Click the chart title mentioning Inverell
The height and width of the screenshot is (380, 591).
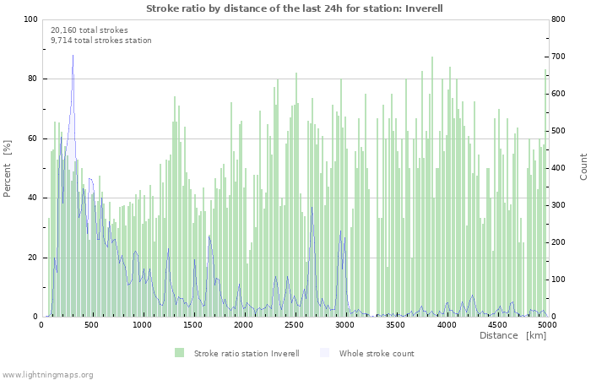tap(295, 8)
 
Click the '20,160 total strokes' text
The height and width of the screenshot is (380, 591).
tap(89, 30)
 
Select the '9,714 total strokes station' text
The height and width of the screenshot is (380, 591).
tap(101, 40)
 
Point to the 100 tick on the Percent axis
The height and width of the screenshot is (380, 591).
tap(31, 19)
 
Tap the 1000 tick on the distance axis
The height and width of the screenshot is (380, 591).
tap(142, 324)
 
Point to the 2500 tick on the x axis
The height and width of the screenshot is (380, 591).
tap(294, 324)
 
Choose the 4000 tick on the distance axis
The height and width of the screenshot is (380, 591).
tap(446, 324)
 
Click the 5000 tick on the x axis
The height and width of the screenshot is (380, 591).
tap(547, 324)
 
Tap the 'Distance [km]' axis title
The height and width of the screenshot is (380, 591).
tap(512, 335)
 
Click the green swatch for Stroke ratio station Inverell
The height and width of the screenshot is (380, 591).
tap(180, 353)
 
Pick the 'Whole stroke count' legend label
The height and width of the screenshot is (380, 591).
tap(377, 353)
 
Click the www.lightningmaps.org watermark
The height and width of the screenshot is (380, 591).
tap(47, 374)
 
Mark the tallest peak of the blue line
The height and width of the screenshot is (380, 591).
tap(73, 55)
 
